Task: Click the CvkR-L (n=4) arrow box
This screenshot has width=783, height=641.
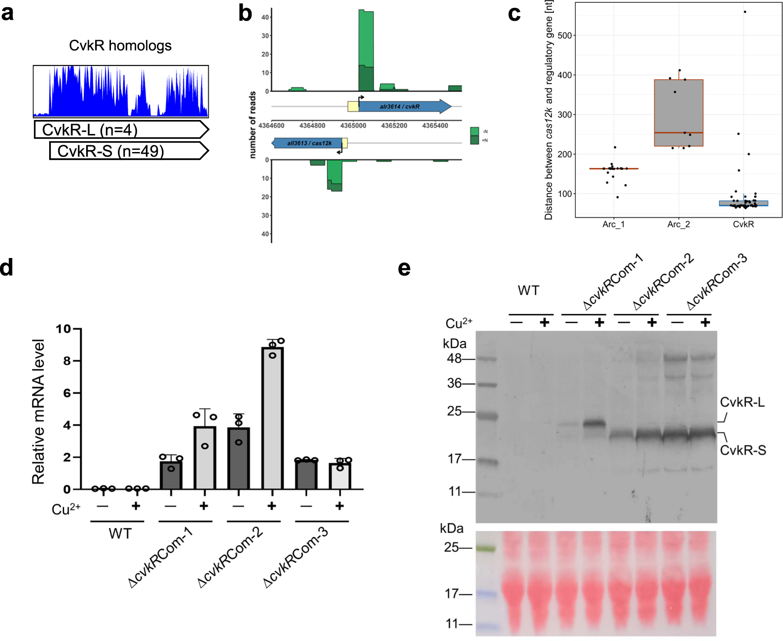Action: click(121, 129)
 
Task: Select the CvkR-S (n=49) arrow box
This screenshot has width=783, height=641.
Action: click(129, 151)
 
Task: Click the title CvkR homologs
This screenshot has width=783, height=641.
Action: click(120, 46)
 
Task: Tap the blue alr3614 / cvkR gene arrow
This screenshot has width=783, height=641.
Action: click(404, 106)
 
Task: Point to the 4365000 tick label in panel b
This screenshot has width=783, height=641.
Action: click(353, 126)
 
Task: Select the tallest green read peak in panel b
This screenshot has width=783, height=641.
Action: click(366, 50)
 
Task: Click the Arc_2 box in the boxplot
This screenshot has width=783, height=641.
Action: click(678, 113)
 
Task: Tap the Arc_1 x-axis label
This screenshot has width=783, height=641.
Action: click(613, 224)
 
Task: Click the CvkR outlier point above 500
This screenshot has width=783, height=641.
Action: click(745, 12)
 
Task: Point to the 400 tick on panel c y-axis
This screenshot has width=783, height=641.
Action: click(565, 75)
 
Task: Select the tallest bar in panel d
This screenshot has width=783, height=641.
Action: click(272, 417)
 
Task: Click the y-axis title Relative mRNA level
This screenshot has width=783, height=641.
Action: click(38, 411)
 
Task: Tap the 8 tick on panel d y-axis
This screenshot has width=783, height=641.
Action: click(67, 361)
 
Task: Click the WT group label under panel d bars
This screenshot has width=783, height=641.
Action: click(120, 534)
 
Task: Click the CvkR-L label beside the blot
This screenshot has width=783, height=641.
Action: click(742, 402)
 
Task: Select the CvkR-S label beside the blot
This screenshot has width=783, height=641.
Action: click(742, 450)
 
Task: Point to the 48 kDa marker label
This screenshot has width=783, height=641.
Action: click(454, 359)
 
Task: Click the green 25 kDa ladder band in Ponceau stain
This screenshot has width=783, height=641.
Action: click(486, 549)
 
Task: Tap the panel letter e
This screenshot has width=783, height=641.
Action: click(404, 268)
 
